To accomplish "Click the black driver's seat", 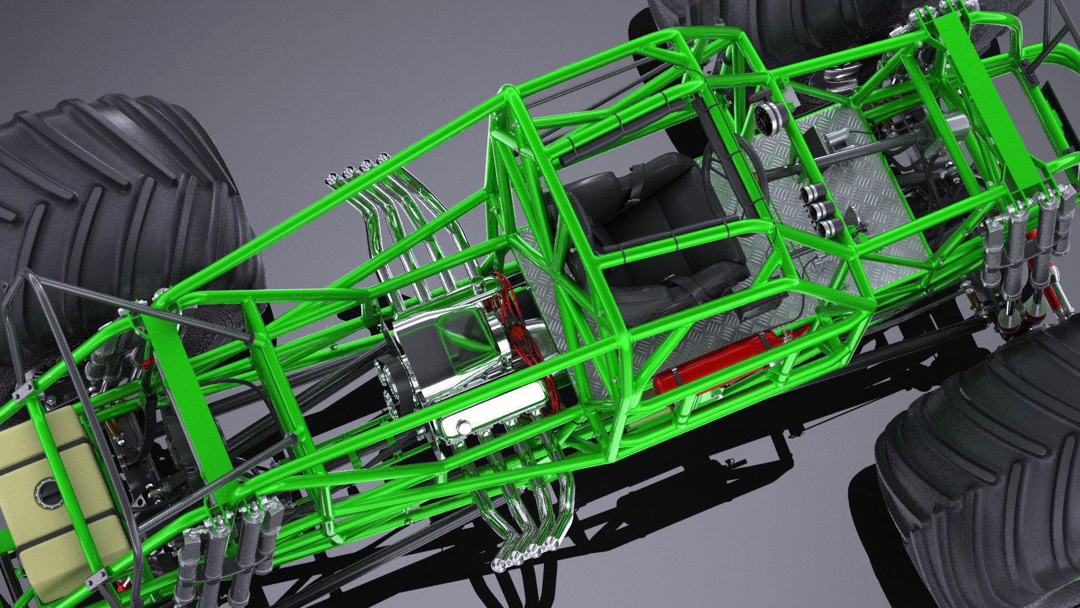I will pyautogui.click(x=648, y=223).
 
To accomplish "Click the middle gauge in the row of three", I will pyautogui.click(x=816, y=209).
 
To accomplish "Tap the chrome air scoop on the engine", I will pyautogui.click(x=439, y=341).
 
